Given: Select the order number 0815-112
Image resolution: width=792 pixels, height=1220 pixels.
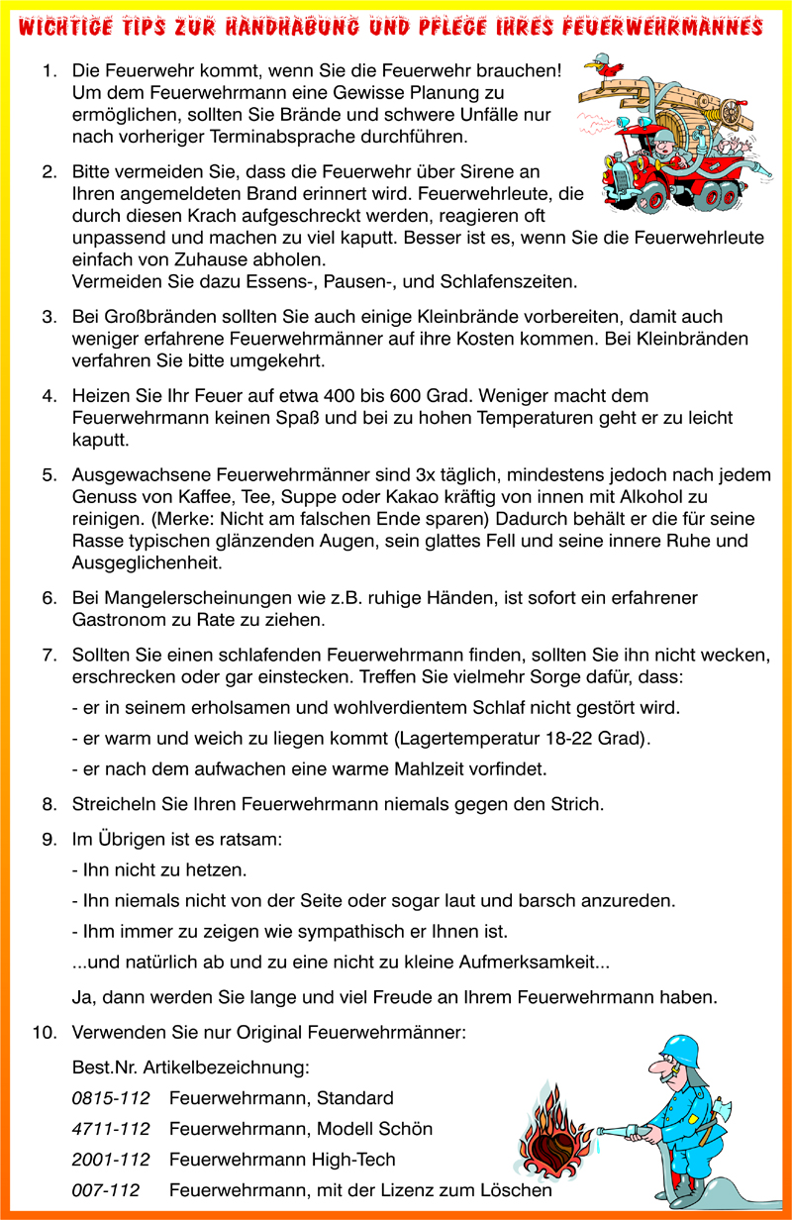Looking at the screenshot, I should [x=110, y=1098].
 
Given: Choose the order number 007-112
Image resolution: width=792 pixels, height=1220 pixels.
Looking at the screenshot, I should [x=105, y=1189].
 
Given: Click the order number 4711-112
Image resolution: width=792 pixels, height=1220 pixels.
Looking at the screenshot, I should [x=110, y=1129].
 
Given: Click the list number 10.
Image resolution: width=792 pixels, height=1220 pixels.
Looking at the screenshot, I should [x=44, y=1033].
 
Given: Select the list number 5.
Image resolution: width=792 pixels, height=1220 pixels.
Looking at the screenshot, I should [x=49, y=475].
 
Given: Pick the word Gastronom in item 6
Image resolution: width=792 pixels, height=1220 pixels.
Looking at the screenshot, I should [x=118, y=621].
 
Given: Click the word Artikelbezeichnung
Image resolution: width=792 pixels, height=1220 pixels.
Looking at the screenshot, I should [x=227, y=1068].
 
